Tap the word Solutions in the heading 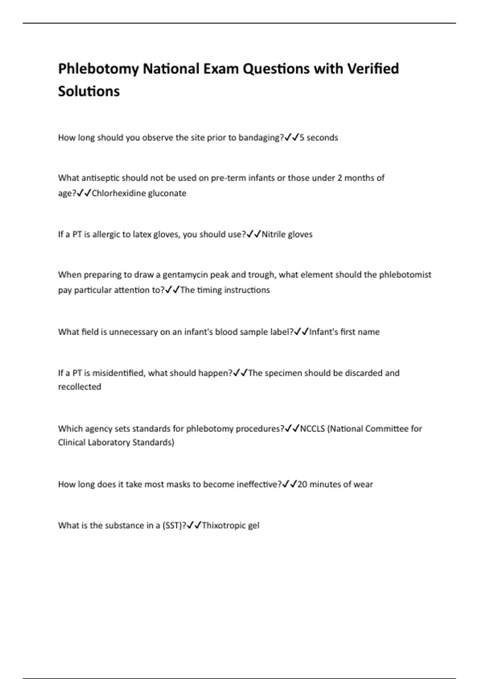point(89,91)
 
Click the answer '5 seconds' point(319,138)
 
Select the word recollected point(79,387)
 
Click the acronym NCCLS point(312,429)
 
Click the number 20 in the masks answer point(302,484)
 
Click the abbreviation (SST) point(172,526)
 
